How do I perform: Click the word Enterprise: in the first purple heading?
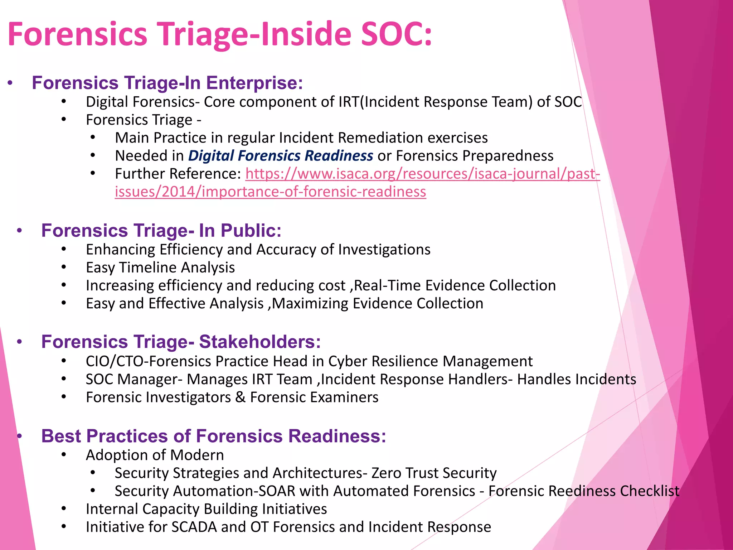tap(254, 83)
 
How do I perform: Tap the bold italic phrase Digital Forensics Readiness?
tap(281, 156)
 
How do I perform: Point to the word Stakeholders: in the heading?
tap(260, 342)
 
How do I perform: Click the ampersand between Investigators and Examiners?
tap(240, 397)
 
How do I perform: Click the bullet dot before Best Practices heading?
tap(20, 436)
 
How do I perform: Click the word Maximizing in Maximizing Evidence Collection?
tap(310, 304)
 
